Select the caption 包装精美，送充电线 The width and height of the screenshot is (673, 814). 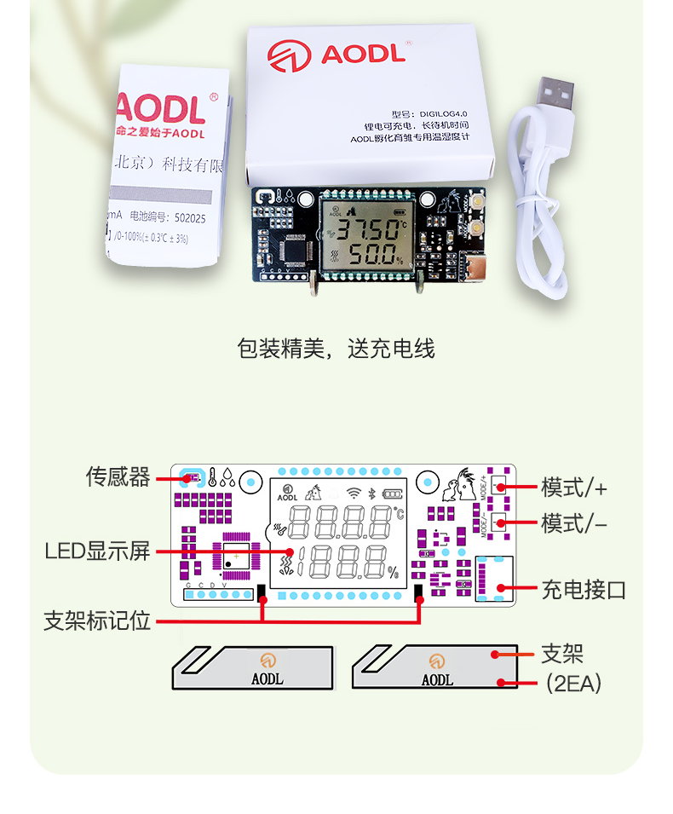[x=336, y=349]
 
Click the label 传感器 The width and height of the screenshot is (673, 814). [x=118, y=476]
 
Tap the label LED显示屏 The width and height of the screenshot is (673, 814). [x=97, y=551]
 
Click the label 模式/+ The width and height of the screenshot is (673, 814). [x=575, y=488]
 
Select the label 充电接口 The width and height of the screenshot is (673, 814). [x=584, y=588]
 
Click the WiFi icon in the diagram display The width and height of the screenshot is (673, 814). [x=354, y=493]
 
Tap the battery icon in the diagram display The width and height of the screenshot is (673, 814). [x=394, y=493]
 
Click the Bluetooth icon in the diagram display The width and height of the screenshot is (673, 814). [x=371, y=493]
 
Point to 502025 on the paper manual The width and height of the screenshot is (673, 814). [x=188, y=218]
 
